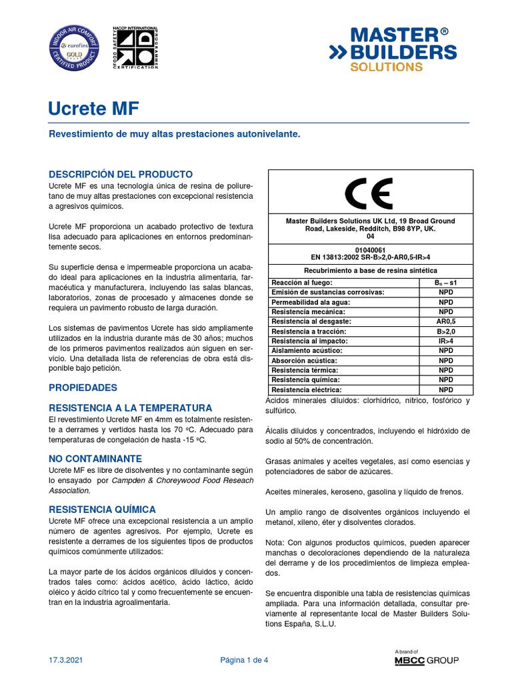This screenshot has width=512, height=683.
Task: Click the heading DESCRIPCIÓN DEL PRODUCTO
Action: [121, 173]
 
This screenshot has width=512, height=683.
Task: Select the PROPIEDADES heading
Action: [83, 388]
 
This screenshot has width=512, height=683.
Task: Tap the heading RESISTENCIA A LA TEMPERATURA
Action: [131, 408]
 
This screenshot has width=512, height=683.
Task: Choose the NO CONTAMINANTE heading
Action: [95, 459]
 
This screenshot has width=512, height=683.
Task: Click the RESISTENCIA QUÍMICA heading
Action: [103, 509]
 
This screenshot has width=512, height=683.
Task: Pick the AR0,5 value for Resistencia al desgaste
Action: [445, 321]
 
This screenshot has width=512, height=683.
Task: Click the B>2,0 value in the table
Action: [445, 331]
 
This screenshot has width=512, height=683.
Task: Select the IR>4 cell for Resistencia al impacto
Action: [445, 341]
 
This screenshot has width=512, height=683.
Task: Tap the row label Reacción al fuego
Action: [301, 283]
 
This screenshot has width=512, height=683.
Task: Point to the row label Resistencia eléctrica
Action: [306, 390]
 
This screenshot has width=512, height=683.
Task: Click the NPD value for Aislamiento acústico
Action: [445, 350]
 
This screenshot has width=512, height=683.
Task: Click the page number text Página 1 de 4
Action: [245, 660]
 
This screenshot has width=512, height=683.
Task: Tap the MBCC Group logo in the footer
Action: [427, 660]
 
